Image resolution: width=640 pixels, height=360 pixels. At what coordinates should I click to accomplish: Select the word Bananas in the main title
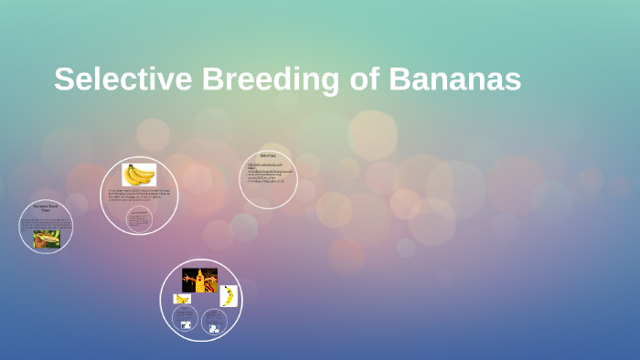454,79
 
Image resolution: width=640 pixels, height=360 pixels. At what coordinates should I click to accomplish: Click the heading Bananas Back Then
46,209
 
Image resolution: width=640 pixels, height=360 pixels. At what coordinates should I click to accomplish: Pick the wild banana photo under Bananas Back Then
47,238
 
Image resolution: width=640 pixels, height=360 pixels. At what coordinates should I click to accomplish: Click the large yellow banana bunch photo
139,174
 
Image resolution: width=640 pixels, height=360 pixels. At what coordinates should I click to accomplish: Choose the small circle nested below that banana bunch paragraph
139,219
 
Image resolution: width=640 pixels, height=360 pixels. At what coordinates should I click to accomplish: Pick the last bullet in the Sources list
266,181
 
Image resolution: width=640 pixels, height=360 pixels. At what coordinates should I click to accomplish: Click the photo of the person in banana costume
199,280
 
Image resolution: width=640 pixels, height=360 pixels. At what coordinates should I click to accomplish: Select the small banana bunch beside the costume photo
182,299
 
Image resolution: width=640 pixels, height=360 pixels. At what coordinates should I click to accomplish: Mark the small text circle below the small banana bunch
187,320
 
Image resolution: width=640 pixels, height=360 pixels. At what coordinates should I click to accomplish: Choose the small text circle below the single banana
214,321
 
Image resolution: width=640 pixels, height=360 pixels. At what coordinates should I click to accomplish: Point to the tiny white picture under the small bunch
187,324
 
